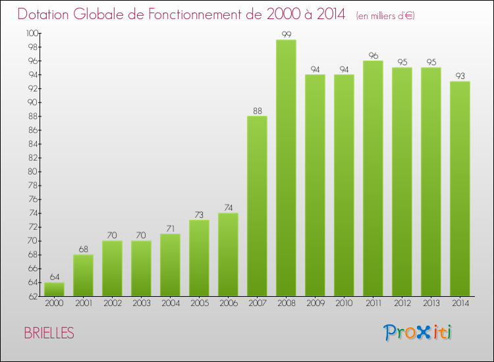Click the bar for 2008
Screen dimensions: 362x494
tap(286, 168)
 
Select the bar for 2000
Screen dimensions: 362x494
tap(54, 289)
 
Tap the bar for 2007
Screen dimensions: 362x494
tap(257, 206)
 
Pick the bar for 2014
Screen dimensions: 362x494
tap(460, 189)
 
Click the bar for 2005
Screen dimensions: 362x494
tap(199, 258)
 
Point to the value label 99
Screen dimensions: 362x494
tap(286, 34)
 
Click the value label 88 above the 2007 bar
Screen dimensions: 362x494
tap(257, 111)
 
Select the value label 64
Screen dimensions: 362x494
tap(54, 277)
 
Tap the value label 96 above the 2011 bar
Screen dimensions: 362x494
tap(373, 55)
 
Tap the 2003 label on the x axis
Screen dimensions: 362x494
tap(141, 303)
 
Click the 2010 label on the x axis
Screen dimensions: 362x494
tap(344, 303)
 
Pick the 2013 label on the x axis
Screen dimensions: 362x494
tap(431, 303)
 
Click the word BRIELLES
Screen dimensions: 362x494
tap(49, 333)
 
